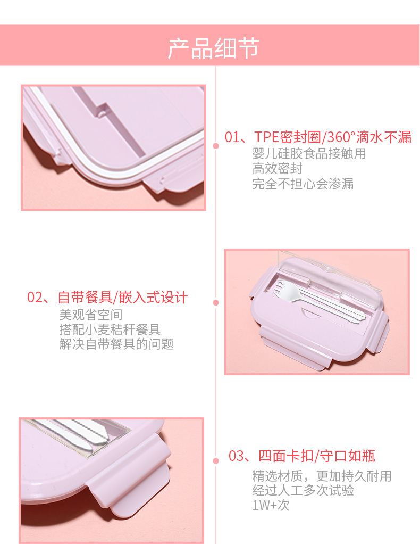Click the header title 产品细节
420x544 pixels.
tap(214, 48)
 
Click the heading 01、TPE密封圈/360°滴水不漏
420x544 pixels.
tap(318, 137)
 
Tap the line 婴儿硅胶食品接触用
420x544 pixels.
tap(309, 154)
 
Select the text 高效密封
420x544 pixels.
tap(277, 169)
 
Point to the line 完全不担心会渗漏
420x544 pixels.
tap(303, 184)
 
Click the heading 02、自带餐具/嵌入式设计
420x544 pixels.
tap(107, 298)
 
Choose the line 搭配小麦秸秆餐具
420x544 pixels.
tap(110, 329)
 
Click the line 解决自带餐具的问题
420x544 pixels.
tap(116, 344)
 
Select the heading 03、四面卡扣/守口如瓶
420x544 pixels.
tap(302, 456)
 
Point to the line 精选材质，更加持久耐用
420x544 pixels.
tap(322, 475)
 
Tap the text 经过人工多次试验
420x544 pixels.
tap(303, 490)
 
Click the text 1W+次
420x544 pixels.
tap(271, 505)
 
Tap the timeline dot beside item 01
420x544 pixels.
tap(216, 145)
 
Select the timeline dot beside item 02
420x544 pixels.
tap(216, 303)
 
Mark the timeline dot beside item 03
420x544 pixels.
tap(216, 461)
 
